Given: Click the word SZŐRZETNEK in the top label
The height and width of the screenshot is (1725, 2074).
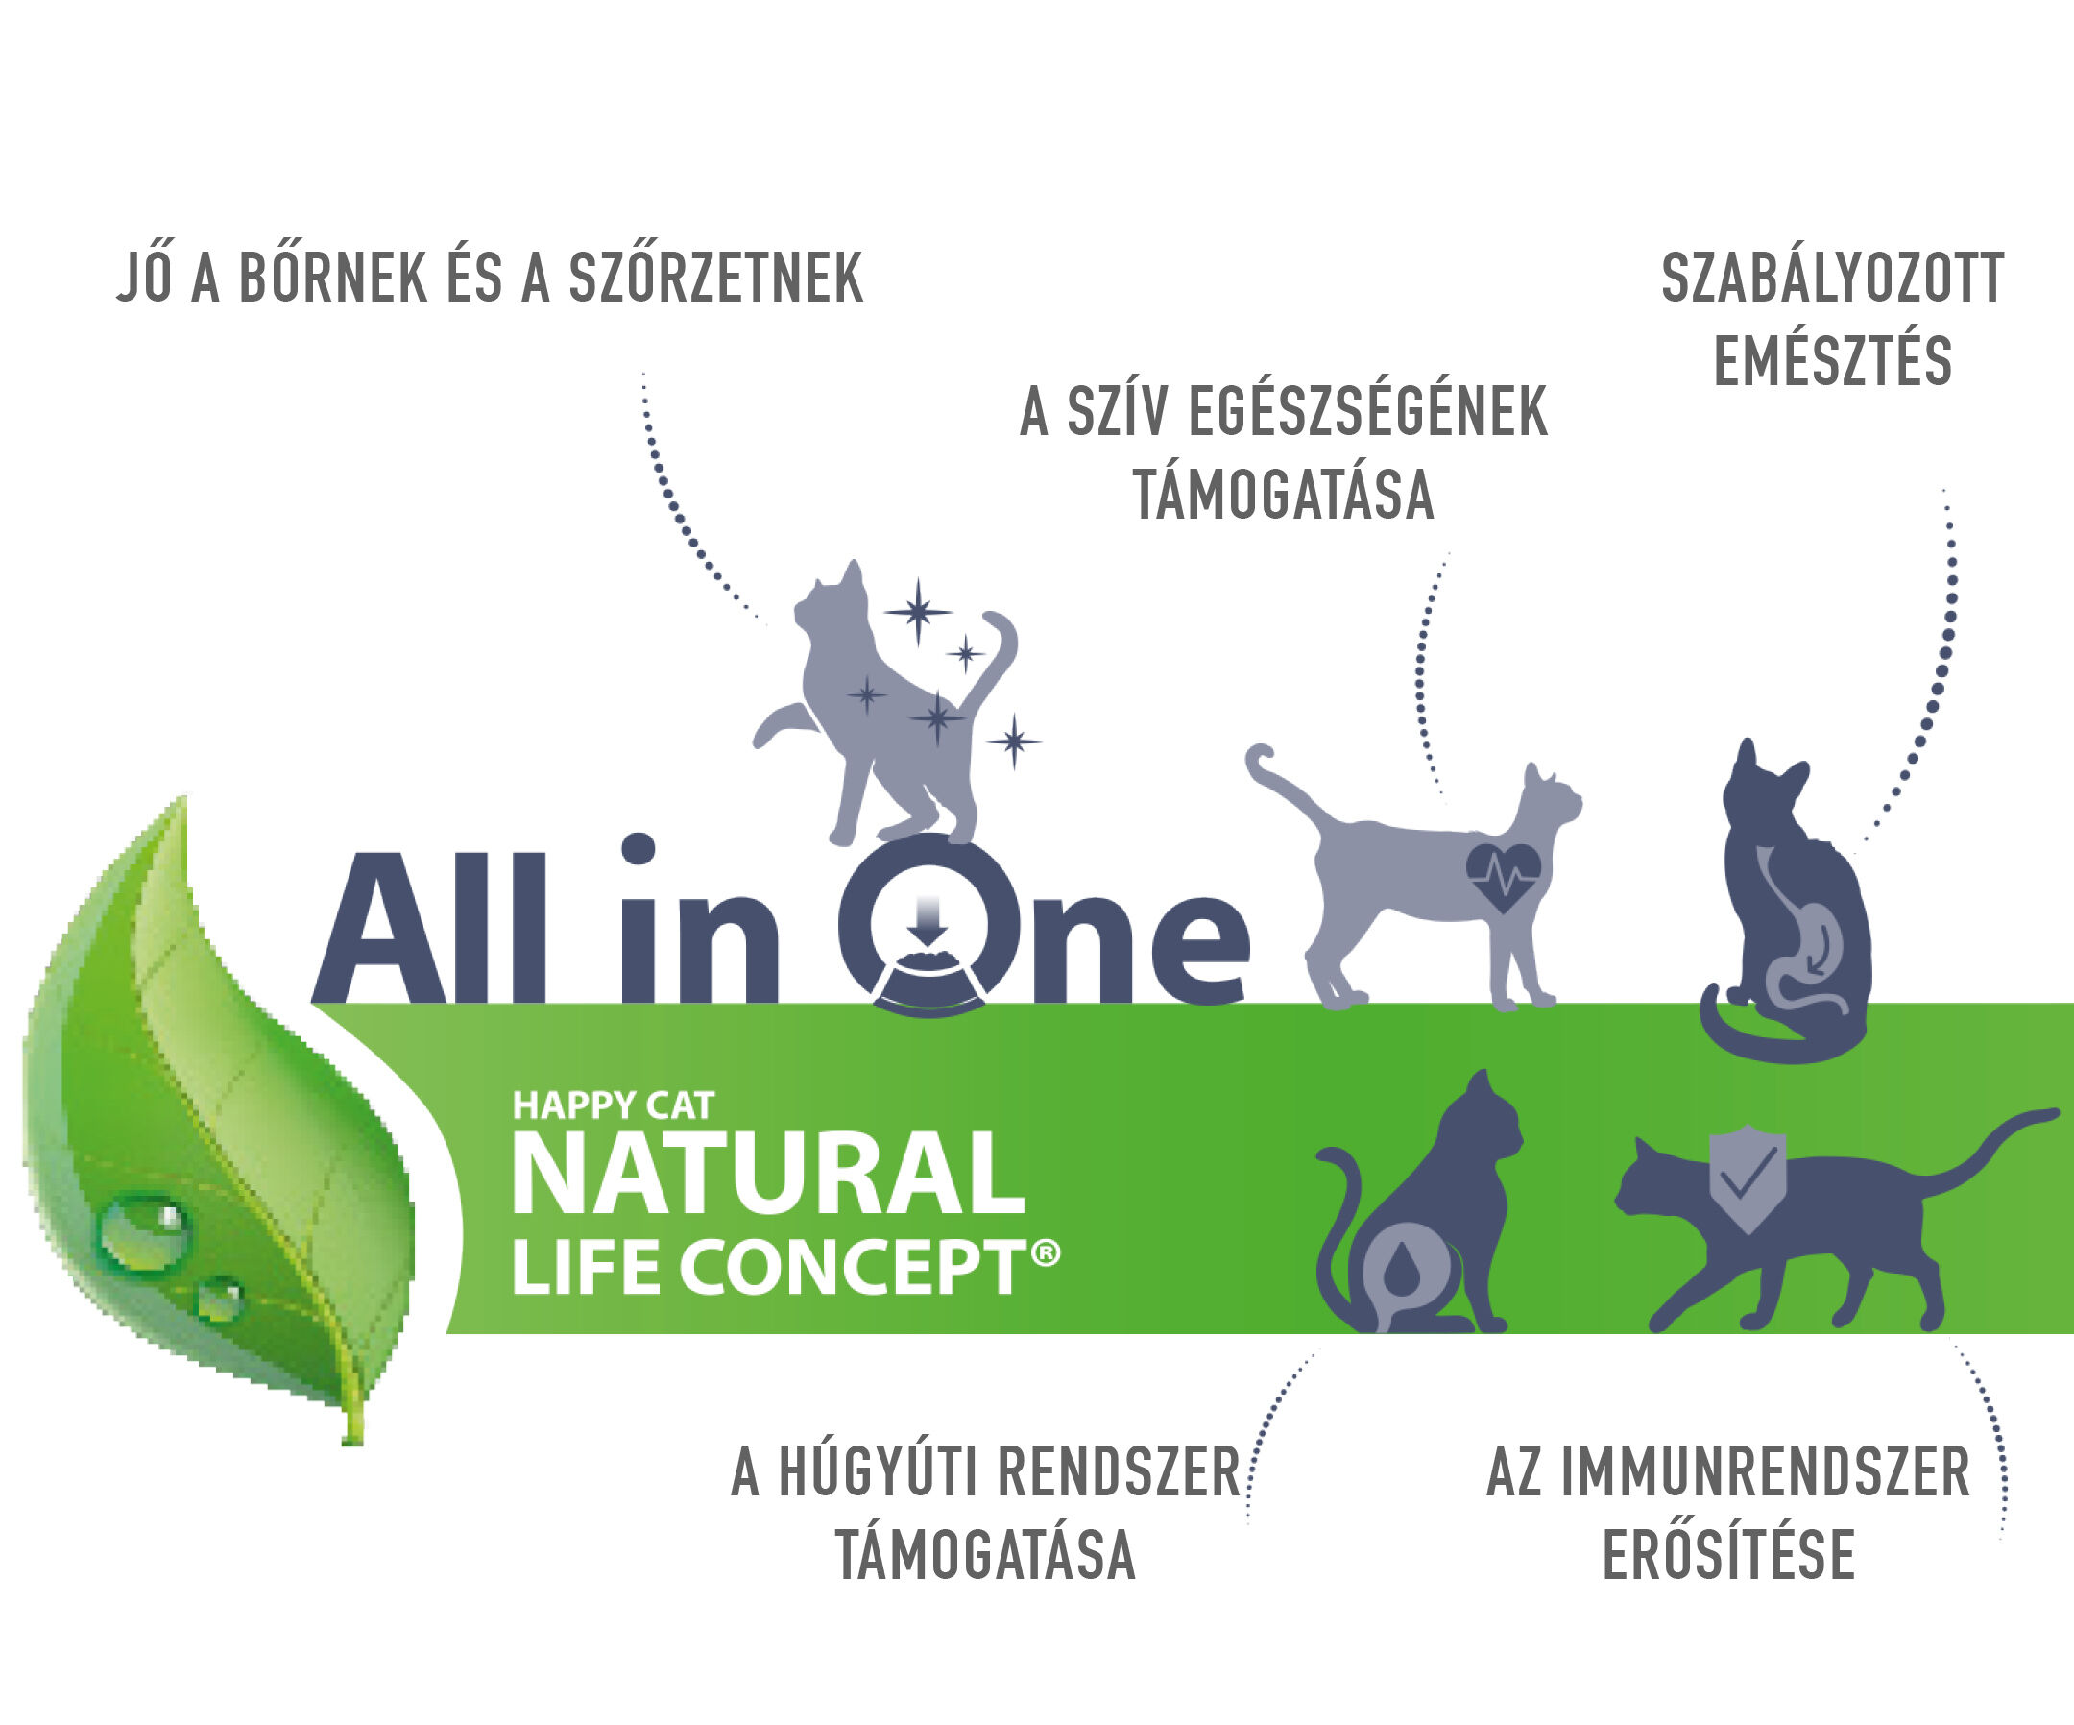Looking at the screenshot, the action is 716,278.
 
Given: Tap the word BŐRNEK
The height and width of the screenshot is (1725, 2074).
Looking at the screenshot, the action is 333,278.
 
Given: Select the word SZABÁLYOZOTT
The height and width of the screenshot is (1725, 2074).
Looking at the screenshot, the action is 1833,278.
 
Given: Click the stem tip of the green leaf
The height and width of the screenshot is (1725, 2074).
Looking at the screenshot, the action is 352,1441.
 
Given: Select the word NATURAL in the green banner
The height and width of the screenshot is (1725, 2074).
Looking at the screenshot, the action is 769,1174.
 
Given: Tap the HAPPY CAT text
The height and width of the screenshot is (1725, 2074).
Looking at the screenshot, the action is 614,1105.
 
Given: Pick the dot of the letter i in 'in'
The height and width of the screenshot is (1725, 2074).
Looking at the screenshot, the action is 638,848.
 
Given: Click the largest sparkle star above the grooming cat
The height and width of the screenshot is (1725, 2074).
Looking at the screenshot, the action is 919,613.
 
